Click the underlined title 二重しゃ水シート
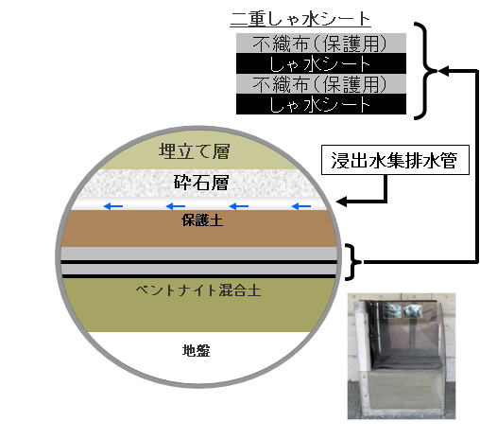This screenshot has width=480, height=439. [300, 19]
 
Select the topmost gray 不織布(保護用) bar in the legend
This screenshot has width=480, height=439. [321, 44]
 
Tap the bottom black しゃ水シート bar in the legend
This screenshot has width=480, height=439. [321, 104]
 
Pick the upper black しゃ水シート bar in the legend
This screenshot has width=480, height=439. [321, 63]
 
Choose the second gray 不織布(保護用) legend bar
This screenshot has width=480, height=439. [321, 84]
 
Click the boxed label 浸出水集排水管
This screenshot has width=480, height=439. [395, 160]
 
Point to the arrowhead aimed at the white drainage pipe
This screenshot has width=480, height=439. [341, 202]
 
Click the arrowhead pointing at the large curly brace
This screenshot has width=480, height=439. [443, 71]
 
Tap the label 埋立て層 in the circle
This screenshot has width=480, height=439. [195, 151]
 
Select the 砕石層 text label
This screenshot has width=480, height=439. [201, 183]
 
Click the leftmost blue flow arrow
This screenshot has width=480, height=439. [113, 206]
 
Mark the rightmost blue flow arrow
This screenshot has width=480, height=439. [301, 206]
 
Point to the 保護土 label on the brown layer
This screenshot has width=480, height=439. [202, 220]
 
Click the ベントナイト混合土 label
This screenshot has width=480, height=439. [198, 290]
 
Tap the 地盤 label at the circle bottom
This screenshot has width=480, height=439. [196, 350]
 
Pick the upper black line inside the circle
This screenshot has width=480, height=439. [198, 262]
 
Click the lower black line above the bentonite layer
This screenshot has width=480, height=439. [198, 276]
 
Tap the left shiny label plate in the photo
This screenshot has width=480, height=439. [391, 310]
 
